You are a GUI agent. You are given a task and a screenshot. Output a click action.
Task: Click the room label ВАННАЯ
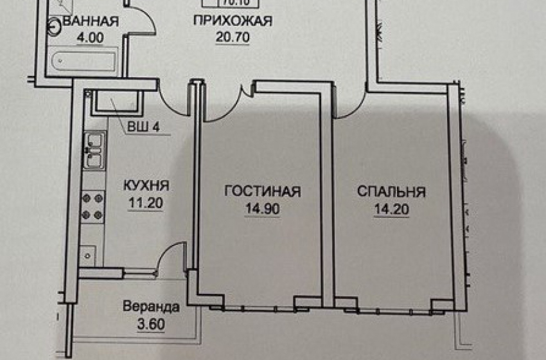[90, 21]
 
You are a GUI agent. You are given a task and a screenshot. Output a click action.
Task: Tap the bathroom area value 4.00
[90, 37]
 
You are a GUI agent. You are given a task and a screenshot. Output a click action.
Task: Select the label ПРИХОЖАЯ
[233, 21]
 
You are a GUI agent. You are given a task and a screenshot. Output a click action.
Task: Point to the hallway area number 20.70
[233, 37]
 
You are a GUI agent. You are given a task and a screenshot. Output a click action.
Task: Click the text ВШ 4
[143, 127]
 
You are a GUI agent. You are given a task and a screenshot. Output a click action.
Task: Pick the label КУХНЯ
[146, 186]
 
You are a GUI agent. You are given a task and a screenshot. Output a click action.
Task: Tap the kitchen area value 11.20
[146, 204]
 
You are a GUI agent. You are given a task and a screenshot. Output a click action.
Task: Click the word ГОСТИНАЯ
[262, 192]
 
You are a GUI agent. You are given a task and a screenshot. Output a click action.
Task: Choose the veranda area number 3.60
[152, 324]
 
